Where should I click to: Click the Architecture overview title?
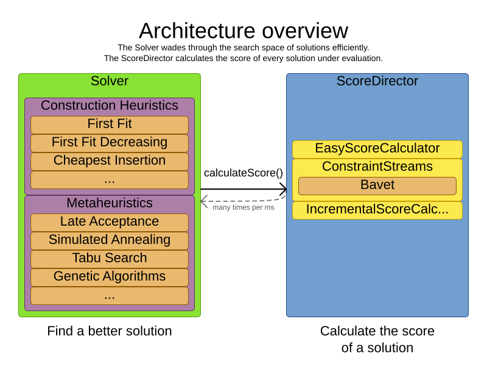(243, 31)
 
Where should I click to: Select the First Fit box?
(110, 124)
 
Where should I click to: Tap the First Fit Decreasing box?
(110, 143)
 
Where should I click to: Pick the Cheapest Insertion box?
(110, 161)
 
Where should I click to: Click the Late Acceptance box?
(110, 222)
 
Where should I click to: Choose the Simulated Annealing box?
(110, 240)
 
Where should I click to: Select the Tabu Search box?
(110, 259)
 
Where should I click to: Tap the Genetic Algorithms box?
(110, 277)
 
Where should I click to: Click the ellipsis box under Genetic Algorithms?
(110, 295)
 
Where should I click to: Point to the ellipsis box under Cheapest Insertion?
(110, 179)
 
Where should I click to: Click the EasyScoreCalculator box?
(377, 149)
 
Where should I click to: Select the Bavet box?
(377, 185)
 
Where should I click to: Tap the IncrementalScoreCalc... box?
(377, 210)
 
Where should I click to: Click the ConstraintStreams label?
(377, 167)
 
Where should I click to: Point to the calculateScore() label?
(243, 173)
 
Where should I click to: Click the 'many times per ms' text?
(243, 207)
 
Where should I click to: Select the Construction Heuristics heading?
(110, 106)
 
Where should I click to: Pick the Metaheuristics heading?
(110, 203)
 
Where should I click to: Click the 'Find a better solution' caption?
(110, 331)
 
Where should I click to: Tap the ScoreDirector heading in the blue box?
(377, 81)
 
